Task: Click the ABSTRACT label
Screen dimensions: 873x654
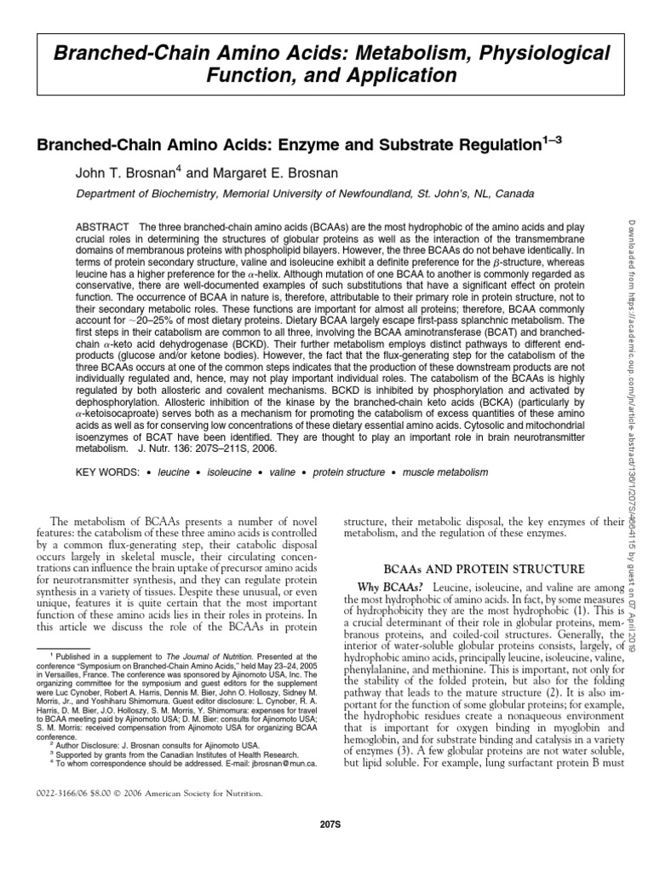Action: click(x=104, y=226)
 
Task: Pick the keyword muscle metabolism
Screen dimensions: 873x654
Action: click(x=445, y=472)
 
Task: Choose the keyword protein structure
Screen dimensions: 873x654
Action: click(x=351, y=472)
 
